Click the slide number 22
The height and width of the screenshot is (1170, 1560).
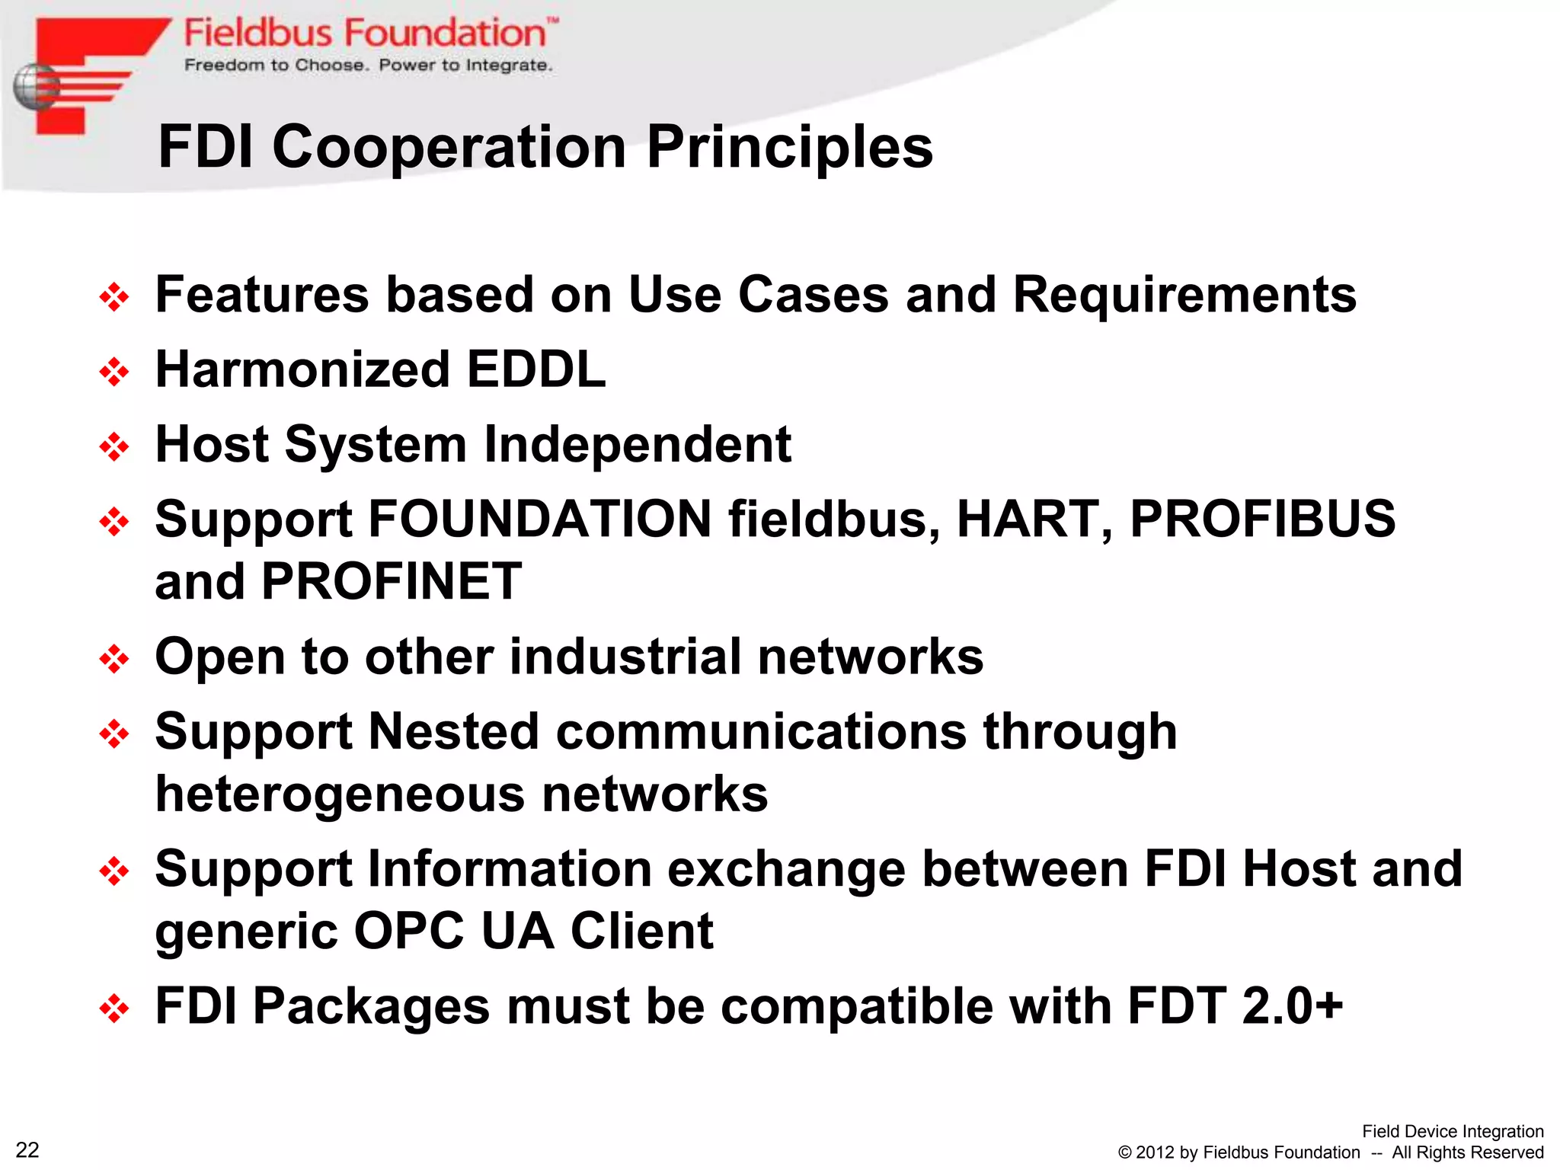pyautogui.click(x=27, y=1149)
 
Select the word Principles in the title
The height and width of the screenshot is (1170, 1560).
pyautogui.click(x=789, y=146)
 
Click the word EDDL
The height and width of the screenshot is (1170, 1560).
pyautogui.click(x=535, y=369)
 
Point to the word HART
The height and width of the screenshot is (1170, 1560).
pyautogui.click(x=1034, y=519)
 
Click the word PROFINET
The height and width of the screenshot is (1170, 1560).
pyautogui.click(x=392, y=581)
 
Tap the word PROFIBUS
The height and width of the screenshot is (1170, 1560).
pyautogui.click(x=1262, y=519)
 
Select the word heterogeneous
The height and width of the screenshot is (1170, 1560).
pyautogui.click(x=339, y=794)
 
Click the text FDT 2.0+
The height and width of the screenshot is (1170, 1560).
pyautogui.click(x=1235, y=1005)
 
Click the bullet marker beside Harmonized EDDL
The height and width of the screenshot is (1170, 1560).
pyautogui.click(x=114, y=372)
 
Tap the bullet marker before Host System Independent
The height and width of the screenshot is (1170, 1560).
pyautogui.click(x=114, y=446)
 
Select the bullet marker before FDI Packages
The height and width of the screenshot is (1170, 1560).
pyautogui.click(x=114, y=1009)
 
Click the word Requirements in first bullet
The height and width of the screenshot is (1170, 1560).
pyautogui.click(x=1184, y=295)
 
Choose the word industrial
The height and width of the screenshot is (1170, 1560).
pyautogui.click(x=625, y=657)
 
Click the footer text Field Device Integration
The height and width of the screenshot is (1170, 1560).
pyautogui.click(x=1452, y=1131)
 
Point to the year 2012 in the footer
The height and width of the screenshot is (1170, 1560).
pyautogui.click(x=1156, y=1152)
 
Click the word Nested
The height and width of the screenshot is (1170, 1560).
pyautogui.click(x=454, y=731)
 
